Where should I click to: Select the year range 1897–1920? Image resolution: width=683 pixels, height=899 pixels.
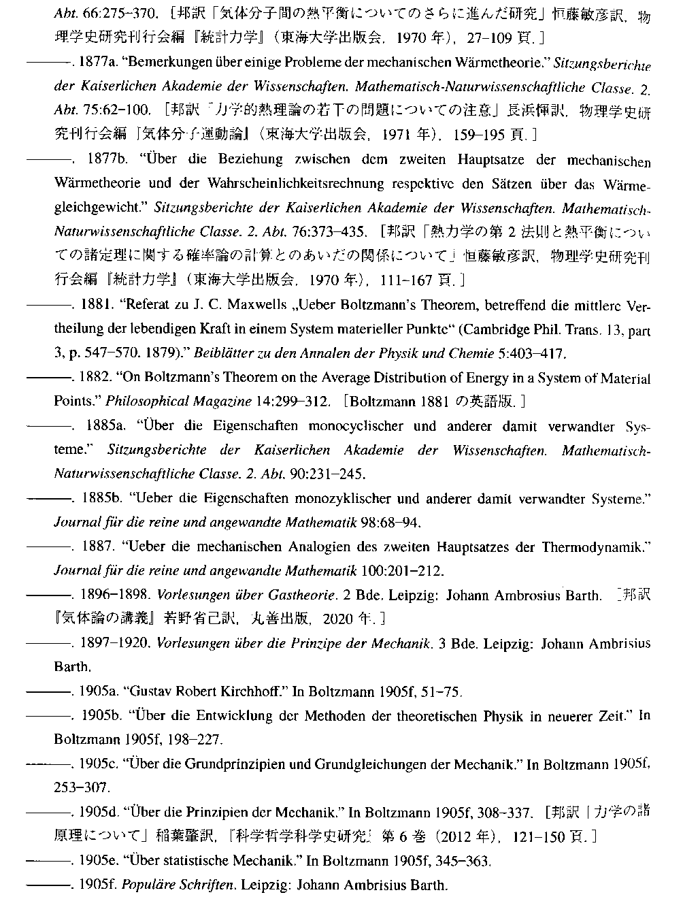114,643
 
